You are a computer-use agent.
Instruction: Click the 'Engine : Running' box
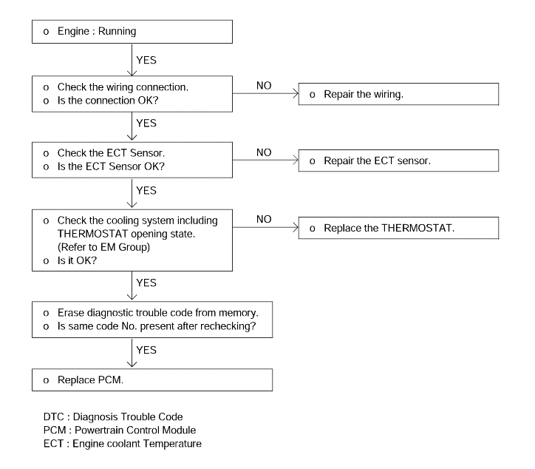point(132,31)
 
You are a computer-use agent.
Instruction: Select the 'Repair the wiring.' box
point(398,94)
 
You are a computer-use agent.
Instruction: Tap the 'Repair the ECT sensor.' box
point(398,161)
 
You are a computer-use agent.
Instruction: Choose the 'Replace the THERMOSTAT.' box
point(398,228)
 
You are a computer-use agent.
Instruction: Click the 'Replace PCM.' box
point(152,379)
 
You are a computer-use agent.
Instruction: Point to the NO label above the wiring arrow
point(264,85)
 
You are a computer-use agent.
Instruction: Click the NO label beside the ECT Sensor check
point(264,152)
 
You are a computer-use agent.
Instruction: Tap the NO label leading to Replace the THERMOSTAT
point(264,219)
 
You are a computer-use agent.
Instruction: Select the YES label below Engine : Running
point(146,60)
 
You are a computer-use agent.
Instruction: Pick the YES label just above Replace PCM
point(146,350)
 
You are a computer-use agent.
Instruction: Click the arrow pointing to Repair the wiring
point(265,94)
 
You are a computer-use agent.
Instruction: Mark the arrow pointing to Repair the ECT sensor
point(265,161)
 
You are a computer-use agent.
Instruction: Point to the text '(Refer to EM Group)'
point(103,247)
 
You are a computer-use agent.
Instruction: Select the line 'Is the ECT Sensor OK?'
point(103,166)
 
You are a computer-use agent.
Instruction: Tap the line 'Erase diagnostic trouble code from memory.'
point(151,313)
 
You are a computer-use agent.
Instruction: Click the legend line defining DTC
point(113,416)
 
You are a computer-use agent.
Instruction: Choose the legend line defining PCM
point(120,430)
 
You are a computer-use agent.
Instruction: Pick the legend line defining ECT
point(123,443)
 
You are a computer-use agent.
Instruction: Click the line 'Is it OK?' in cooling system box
point(70,260)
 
